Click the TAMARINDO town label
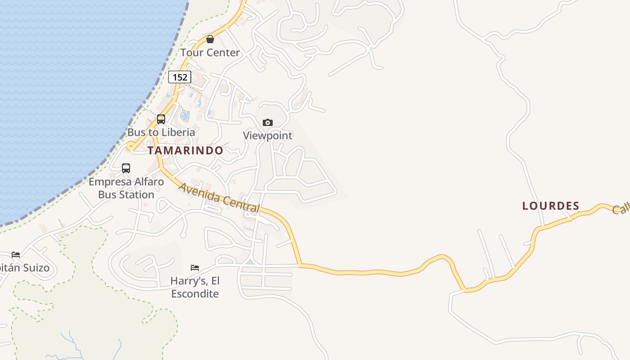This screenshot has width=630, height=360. pos(185,150)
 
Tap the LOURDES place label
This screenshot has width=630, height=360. pos(550,206)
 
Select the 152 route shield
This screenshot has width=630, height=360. pos(180,77)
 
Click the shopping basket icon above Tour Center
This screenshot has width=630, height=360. pos(210,39)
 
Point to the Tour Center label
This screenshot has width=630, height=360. pos(210,53)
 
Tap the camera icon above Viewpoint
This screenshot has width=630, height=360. pos(268,122)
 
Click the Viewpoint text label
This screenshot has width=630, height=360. pos(268,135)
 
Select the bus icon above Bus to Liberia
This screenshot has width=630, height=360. pos(161,119)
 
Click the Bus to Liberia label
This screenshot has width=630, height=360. pos(161,132)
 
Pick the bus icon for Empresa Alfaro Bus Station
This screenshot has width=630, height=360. pos(126,168)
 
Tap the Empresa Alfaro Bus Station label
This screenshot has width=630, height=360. pos(126,188)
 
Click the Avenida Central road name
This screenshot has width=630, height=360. pos(220,198)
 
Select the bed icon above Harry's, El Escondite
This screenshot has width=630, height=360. pos(195,268)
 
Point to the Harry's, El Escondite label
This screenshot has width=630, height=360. pos(195,287)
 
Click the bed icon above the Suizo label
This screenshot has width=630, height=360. pos(16,255)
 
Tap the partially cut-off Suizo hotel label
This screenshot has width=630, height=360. pos(25,268)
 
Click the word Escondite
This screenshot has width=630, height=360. pos(195,294)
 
